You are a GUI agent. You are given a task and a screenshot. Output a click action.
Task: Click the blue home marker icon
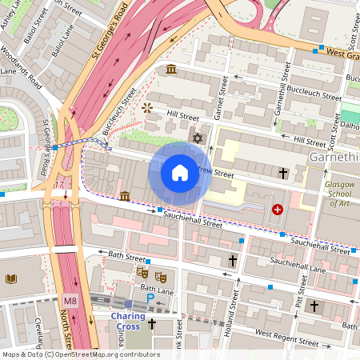tap(180, 172)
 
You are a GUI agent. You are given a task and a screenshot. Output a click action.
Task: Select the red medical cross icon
tap(278, 210)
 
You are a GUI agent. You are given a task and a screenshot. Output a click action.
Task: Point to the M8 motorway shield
tap(69, 300)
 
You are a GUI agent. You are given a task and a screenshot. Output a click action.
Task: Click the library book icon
tap(12, 278)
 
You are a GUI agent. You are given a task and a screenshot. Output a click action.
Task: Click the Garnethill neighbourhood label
tap(333, 158)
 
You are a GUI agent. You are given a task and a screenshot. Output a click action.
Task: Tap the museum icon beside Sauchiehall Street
tap(125, 196)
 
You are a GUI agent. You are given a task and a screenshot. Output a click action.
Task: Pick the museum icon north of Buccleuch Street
tap(171, 70)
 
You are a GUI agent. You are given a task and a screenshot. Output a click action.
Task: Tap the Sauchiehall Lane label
tap(320, 270)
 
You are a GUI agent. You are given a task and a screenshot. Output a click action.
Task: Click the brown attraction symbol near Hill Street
tap(146, 106)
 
